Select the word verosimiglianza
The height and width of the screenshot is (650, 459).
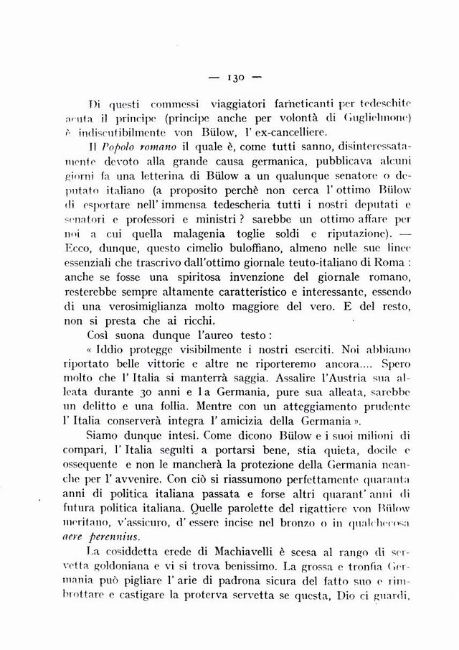(128, 307)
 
